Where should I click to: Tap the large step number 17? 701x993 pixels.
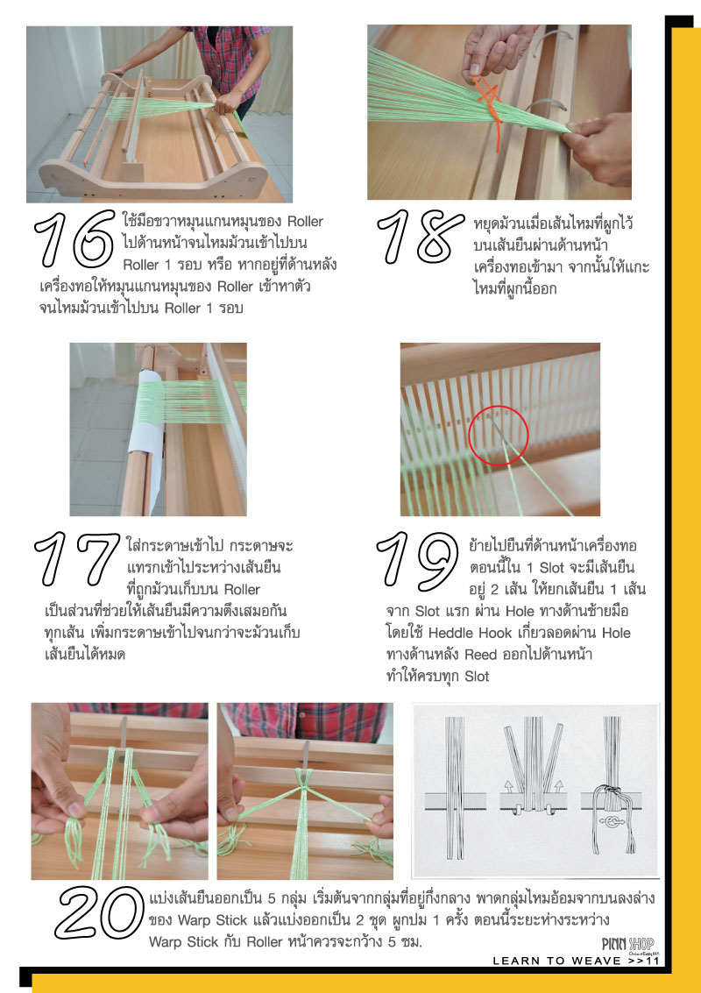click(x=76, y=559)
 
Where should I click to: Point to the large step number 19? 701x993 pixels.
click(x=418, y=559)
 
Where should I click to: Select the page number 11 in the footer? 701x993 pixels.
click(x=653, y=961)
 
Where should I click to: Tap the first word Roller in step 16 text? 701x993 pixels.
click(x=305, y=223)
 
